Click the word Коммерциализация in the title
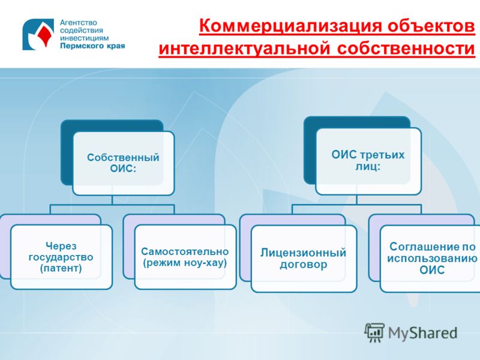290,26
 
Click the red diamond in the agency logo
44,34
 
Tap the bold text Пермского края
92,46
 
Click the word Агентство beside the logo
79,23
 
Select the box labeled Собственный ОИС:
124,163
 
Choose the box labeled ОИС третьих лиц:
368,161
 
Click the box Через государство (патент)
61,257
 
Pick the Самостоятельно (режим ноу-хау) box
185,257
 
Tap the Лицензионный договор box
304,259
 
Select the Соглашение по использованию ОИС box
430,259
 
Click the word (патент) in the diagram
61,268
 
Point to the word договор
304,265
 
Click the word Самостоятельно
185,251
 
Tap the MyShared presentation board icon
374,332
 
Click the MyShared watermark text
423,333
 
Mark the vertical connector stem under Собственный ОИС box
112,200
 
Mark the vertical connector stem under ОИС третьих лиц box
357,200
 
